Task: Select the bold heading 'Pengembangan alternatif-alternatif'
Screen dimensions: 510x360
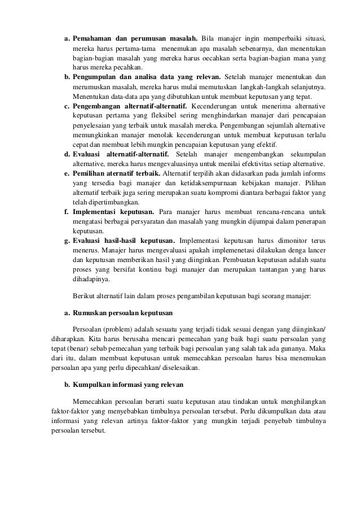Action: coord(131,106)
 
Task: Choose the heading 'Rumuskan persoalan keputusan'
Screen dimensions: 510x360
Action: coord(123,312)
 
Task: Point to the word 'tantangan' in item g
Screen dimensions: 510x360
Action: coord(267,270)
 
